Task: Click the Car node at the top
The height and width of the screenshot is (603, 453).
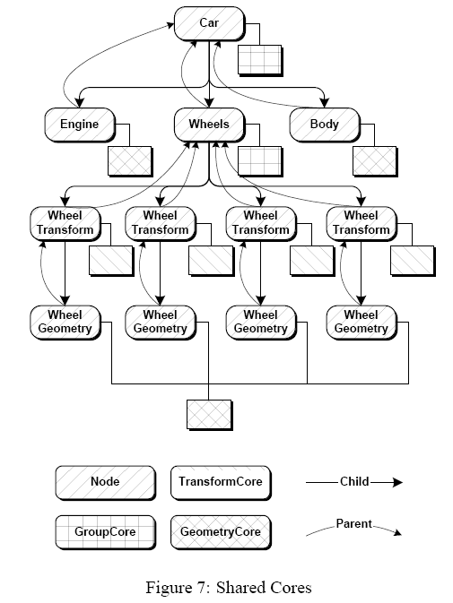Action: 209,23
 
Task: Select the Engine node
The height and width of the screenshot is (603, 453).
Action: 80,125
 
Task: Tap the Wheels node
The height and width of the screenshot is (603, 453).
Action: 209,125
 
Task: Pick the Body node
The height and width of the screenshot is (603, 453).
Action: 325,125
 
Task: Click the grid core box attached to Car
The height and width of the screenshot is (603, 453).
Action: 260,60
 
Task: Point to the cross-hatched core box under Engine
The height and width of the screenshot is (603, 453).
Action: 130,161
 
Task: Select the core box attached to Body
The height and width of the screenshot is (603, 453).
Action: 375,161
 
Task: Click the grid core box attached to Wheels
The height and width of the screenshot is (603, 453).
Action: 260,161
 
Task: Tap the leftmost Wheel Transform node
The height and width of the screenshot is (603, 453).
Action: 65,224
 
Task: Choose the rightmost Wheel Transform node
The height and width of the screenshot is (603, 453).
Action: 362,224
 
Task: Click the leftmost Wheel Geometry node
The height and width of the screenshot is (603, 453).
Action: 65,323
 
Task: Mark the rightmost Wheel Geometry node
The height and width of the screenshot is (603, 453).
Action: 362,323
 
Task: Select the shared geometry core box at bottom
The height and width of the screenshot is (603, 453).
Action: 209,415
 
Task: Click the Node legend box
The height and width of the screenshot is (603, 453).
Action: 106,483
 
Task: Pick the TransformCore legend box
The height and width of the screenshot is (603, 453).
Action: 221,483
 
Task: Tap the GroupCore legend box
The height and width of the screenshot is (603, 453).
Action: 106,532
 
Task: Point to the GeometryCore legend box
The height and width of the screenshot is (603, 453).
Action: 221,532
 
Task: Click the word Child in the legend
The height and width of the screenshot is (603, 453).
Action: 354,482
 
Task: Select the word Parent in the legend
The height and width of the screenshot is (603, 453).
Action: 353,524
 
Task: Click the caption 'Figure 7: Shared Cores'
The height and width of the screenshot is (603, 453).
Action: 229,588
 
